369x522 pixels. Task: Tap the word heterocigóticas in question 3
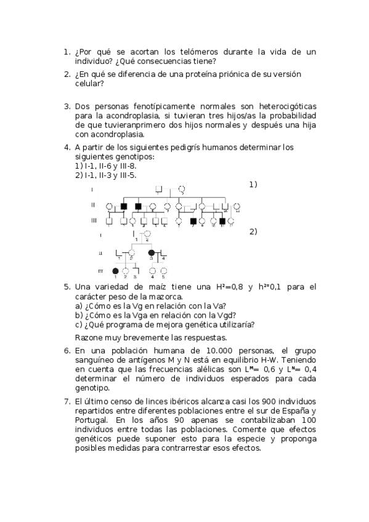click(x=283, y=106)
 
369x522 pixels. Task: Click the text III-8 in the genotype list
click(x=128, y=166)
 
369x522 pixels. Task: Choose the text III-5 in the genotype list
click(x=128, y=175)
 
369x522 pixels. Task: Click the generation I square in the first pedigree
click(x=158, y=188)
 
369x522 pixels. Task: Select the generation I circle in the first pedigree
click(x=182, y=188)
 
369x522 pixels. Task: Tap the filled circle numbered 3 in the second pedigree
click(x=152, y=252)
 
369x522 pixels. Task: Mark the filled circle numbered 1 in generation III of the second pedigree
click(x=115, y=271)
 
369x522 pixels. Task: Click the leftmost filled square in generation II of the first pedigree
click(x=124, y=206)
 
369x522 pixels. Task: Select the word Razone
click(x=91, y=337)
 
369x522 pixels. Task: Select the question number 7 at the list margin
click(x=67, y=401)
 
